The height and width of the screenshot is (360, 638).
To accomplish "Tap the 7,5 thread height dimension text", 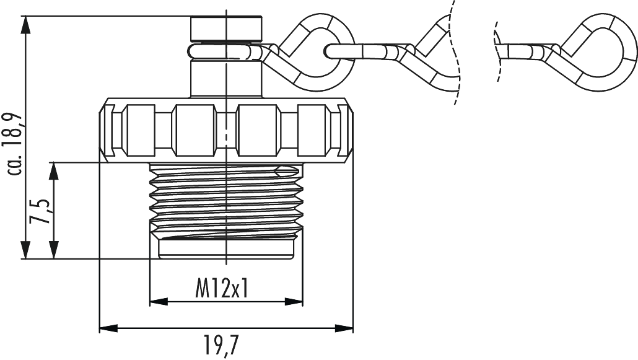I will click(42, 211).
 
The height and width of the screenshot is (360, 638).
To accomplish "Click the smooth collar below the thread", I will click(225, 250).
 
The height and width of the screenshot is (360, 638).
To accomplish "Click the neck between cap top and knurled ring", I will click(225, 77).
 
